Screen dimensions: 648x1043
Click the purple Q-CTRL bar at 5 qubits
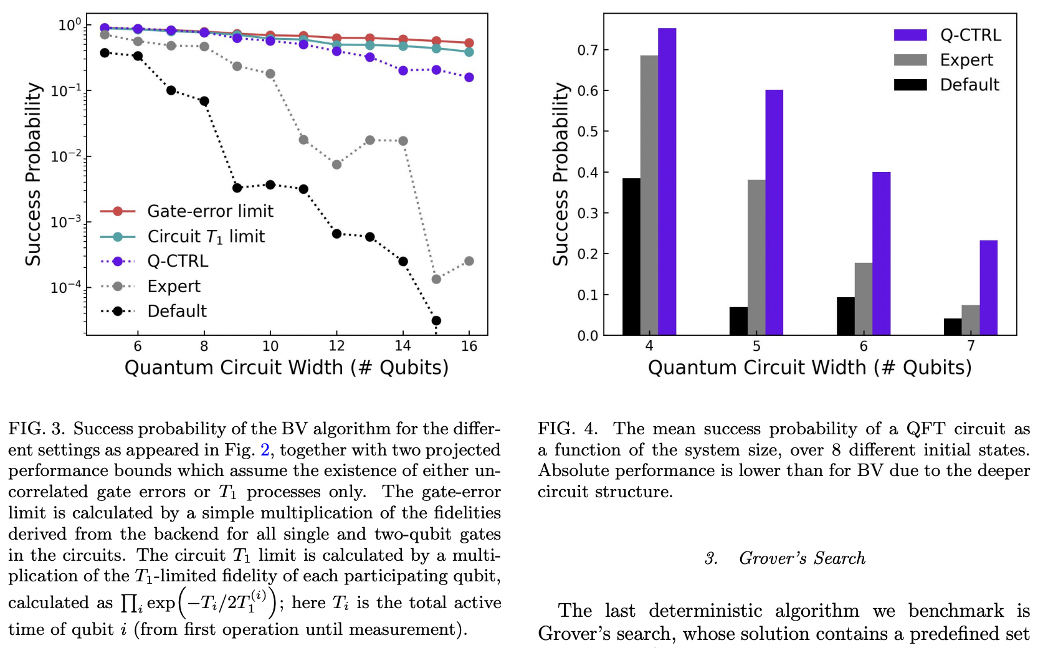[774, 212]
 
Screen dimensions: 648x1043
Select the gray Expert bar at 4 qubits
[649, 195]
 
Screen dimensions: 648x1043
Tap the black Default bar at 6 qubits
[845, 317]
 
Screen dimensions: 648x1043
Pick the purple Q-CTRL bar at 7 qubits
[988, 288]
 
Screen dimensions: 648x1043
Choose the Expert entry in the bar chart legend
[966, 60]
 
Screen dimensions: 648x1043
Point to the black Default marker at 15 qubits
[436, 321]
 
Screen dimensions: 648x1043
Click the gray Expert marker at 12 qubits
[336, 164]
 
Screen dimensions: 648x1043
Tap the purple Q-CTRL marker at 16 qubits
[469, 77]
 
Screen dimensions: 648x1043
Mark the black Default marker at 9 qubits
[237, 188]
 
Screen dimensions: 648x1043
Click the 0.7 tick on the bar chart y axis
[587, 50]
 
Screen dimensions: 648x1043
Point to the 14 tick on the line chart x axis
[402, 346]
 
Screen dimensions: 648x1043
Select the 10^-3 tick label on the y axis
[65, 222]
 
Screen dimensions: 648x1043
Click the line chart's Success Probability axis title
[33, 174]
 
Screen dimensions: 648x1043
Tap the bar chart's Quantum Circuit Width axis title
[809, 367]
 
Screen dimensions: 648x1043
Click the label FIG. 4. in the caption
[566, 429]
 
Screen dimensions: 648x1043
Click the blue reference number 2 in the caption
[265, 450]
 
